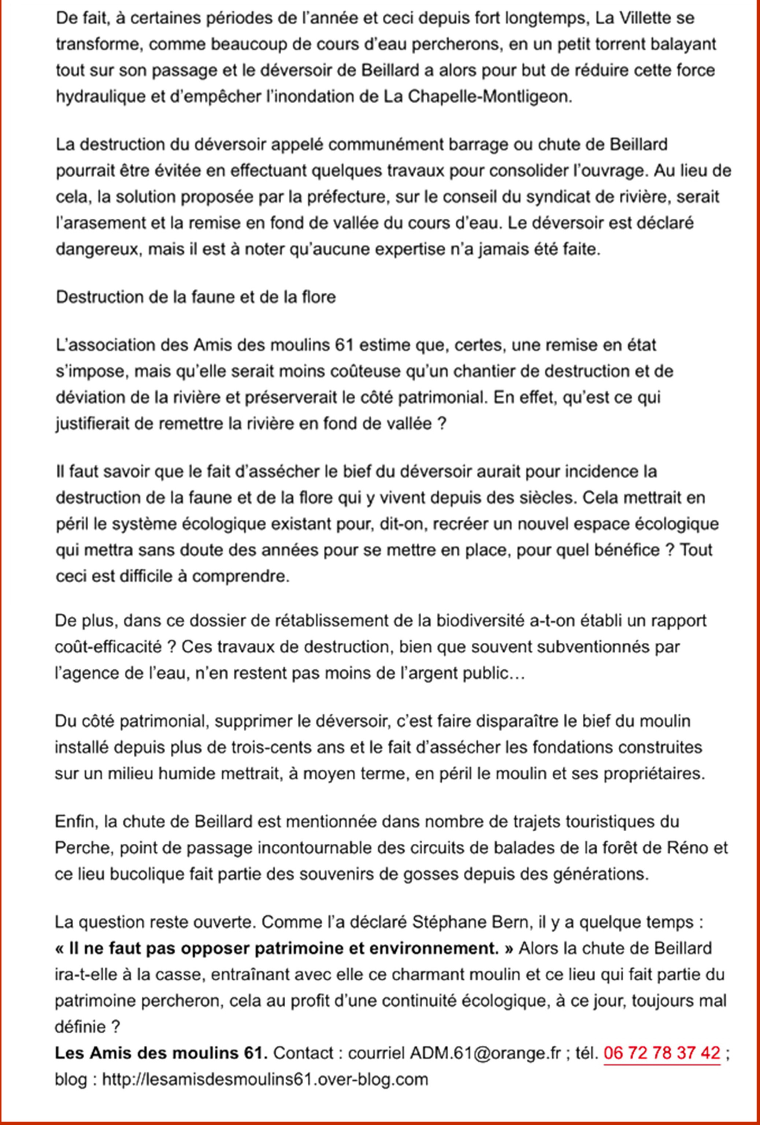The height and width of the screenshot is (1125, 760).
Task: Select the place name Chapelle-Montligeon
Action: [490, 97]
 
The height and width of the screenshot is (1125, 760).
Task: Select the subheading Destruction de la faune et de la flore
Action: [196, 297]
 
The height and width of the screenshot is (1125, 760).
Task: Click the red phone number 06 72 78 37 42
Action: [662, 1053]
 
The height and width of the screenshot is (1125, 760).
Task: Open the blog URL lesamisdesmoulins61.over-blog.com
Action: [265, 1079]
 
